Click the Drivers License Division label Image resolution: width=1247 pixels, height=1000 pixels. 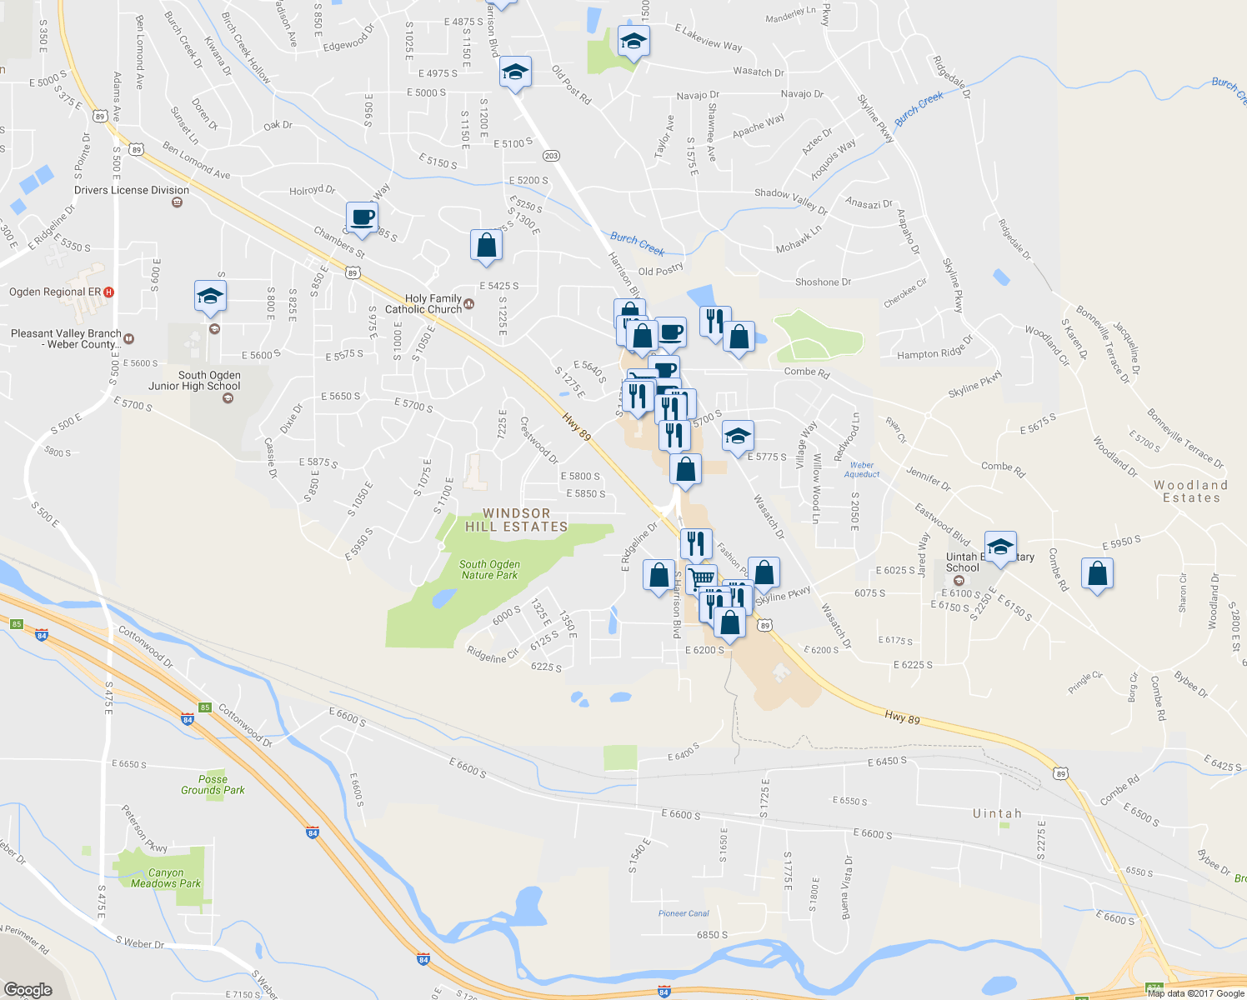[x=132, y=190]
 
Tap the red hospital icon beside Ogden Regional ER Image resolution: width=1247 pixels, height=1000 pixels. [x=109, y=292]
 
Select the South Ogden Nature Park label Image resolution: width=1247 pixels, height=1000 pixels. [x=489, y=570]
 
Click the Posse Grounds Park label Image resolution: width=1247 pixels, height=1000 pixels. [x=213, y=785]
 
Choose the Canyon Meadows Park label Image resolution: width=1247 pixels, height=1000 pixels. [x=166, y=878]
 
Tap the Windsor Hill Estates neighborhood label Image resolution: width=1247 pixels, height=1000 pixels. [x=516, y=520]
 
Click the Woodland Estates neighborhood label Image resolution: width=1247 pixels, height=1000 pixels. [x=1191, y=492]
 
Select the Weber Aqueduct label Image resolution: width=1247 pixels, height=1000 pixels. [x=862, y=470]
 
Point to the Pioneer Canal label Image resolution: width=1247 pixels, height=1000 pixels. [x=684, y=913]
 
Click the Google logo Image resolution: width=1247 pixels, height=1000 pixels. [x=28, y=990]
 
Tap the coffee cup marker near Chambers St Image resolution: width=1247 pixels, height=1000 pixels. [x=362, y=217]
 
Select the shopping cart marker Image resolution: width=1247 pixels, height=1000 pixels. [x=702, y=577]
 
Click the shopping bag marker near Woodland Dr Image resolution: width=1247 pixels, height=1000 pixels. [x=1097, y=573]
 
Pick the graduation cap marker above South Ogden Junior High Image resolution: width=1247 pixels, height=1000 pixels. [x=210, y=296]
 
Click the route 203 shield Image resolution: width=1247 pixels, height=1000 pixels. [x=550, y=156]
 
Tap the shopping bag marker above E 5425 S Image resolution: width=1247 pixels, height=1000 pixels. [x=486, y=246]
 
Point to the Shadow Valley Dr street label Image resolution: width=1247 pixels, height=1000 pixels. [x=791, y=202]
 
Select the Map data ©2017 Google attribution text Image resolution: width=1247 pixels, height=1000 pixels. [x=1195, y=993]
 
